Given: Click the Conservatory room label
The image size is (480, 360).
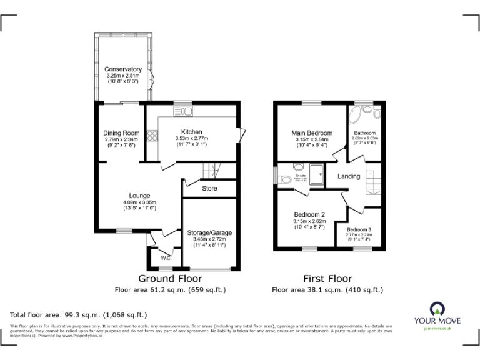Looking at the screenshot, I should pos(122,69).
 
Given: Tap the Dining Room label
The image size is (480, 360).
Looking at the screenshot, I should pos(121,133).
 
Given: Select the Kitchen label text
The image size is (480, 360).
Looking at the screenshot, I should pos(192,132).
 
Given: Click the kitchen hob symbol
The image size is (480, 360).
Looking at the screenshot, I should pos(151,133).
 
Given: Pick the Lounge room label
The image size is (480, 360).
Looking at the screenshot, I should pos(139,196).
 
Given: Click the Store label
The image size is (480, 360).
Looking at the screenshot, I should pos(209,188).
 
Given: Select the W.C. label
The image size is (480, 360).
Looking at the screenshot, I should pos(166,258).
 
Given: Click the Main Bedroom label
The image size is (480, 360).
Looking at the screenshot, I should pos(311,133).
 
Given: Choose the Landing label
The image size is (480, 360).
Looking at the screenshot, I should pos(349,176).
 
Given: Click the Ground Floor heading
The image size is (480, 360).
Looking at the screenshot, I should pos(169,279).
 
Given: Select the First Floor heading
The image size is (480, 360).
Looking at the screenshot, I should pos(327,279).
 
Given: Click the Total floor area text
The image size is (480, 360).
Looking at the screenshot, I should pos(79,315).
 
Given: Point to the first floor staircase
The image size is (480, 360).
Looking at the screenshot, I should pos(372,181).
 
